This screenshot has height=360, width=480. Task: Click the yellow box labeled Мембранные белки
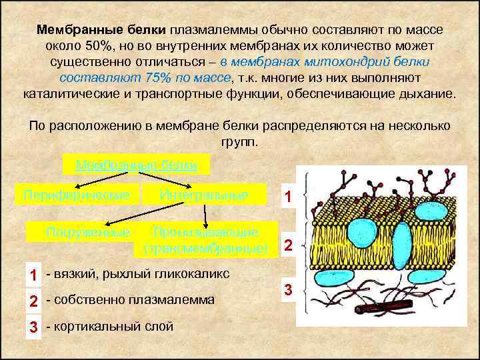click(x=136, y=164)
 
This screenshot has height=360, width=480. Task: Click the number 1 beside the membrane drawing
click(x=287, y=197)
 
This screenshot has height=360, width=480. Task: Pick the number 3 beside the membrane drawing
click(x=288, y=291)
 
